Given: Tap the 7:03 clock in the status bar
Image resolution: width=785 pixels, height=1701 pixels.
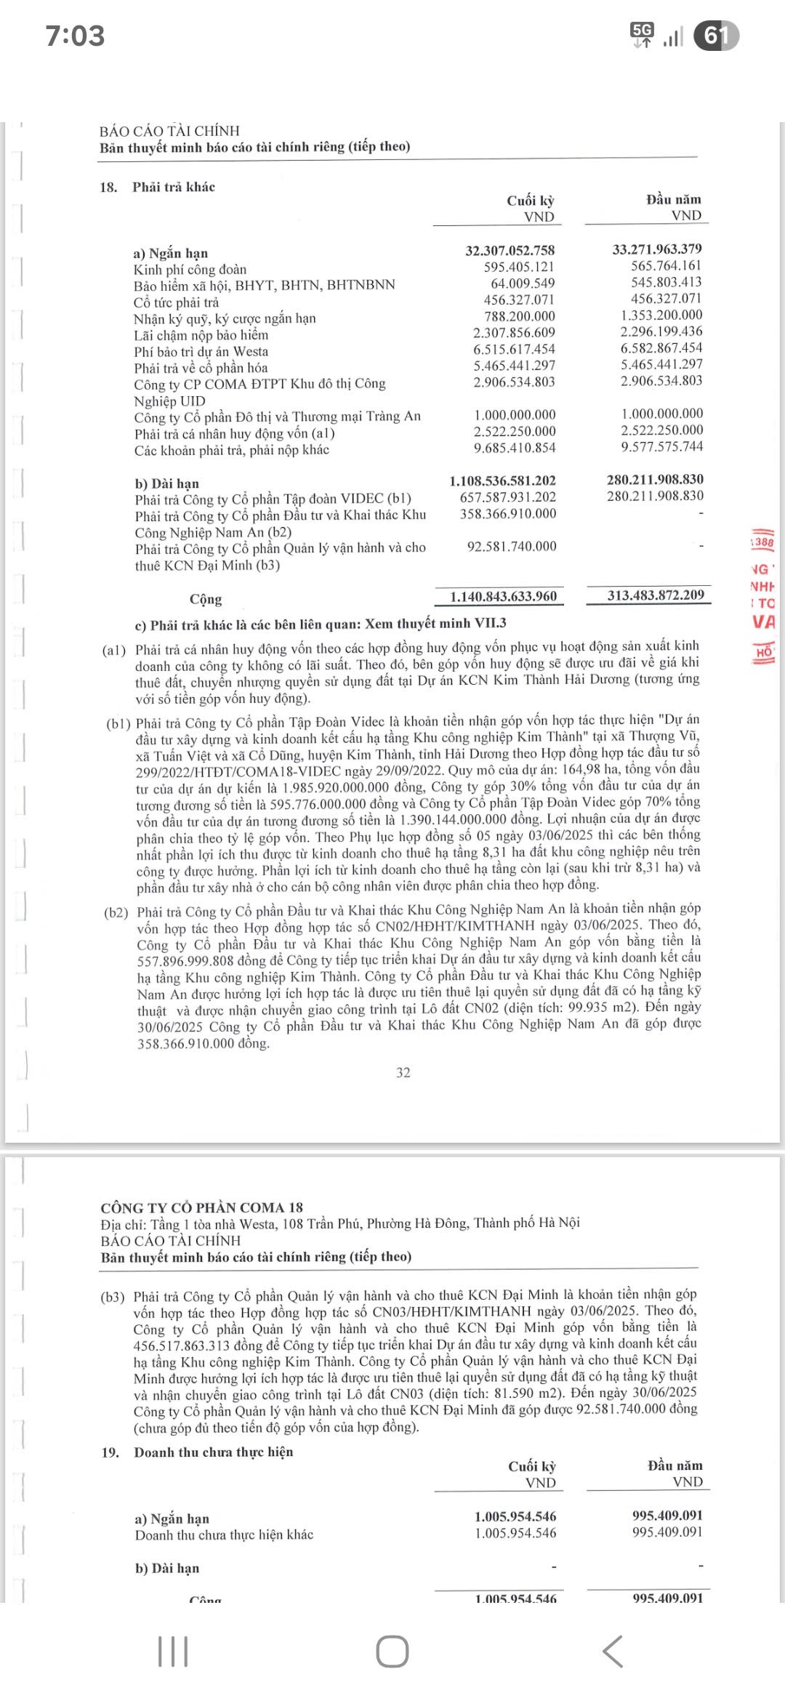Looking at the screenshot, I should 75,36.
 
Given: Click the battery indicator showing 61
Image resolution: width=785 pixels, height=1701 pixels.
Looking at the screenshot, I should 716,36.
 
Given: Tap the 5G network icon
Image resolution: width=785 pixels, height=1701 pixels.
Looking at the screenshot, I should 643,33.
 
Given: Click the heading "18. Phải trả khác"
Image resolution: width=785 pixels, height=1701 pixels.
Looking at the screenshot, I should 158,187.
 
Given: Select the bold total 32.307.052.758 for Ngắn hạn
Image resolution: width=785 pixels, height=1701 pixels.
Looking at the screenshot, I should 510,250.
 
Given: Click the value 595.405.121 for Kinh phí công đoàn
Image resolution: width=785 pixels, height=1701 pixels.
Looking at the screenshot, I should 519,267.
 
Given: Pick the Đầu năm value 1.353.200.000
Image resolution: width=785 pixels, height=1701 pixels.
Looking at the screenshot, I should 661,315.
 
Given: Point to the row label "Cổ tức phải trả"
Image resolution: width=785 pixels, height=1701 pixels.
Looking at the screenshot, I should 176,302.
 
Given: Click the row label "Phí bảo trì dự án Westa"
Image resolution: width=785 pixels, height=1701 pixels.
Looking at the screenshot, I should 201,352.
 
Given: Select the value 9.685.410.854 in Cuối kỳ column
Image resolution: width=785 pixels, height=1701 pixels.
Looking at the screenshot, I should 515,449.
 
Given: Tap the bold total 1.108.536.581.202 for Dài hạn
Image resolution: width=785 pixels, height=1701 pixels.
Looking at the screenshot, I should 502,480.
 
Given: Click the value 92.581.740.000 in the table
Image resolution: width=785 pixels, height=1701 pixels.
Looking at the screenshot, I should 512,546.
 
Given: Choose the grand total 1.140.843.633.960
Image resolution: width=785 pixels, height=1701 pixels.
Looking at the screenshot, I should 503,597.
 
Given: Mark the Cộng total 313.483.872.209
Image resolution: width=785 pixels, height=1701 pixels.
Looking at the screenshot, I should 656,595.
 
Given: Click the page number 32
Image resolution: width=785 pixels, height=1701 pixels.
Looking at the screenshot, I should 403,1072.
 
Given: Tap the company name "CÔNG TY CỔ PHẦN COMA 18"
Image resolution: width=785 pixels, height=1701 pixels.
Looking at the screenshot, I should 201,1207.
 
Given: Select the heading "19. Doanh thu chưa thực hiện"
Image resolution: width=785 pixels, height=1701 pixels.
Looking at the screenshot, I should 198,1452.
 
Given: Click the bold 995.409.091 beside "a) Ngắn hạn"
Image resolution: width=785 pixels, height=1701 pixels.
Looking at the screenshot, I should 667,1515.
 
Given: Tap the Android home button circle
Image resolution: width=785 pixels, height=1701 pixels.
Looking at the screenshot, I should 392,1652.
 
